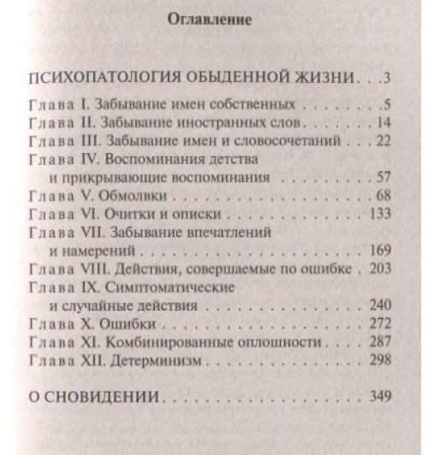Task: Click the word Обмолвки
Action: click(133, 198)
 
